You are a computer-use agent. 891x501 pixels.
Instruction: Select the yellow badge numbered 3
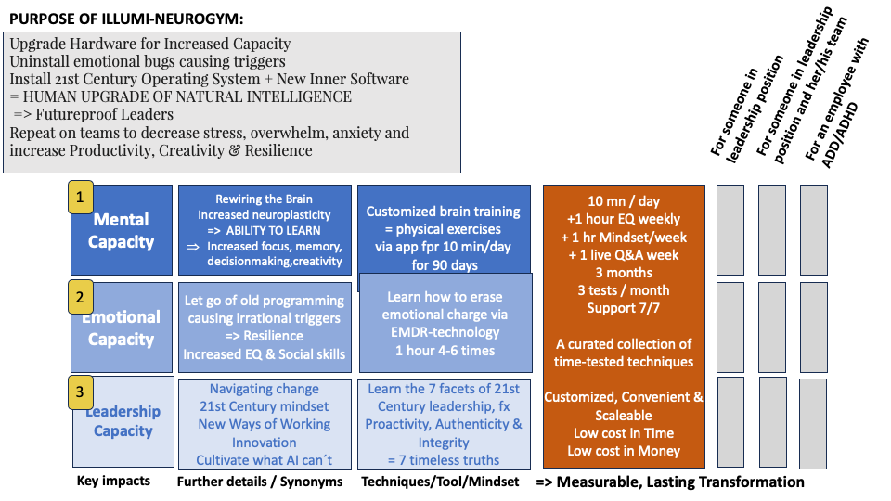80,394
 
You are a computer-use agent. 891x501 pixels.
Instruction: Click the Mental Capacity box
121,231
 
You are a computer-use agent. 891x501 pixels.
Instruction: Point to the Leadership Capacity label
123,421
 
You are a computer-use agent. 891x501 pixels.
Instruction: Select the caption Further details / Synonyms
259,482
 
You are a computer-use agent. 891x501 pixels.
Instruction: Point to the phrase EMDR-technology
445,332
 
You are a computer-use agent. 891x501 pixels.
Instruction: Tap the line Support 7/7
624,308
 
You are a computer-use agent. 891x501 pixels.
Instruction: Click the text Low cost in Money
624,451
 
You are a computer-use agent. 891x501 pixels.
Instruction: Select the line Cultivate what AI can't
265,460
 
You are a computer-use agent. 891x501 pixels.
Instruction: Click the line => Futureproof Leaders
93,115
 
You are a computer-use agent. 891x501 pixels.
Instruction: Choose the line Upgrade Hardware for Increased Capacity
150,45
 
